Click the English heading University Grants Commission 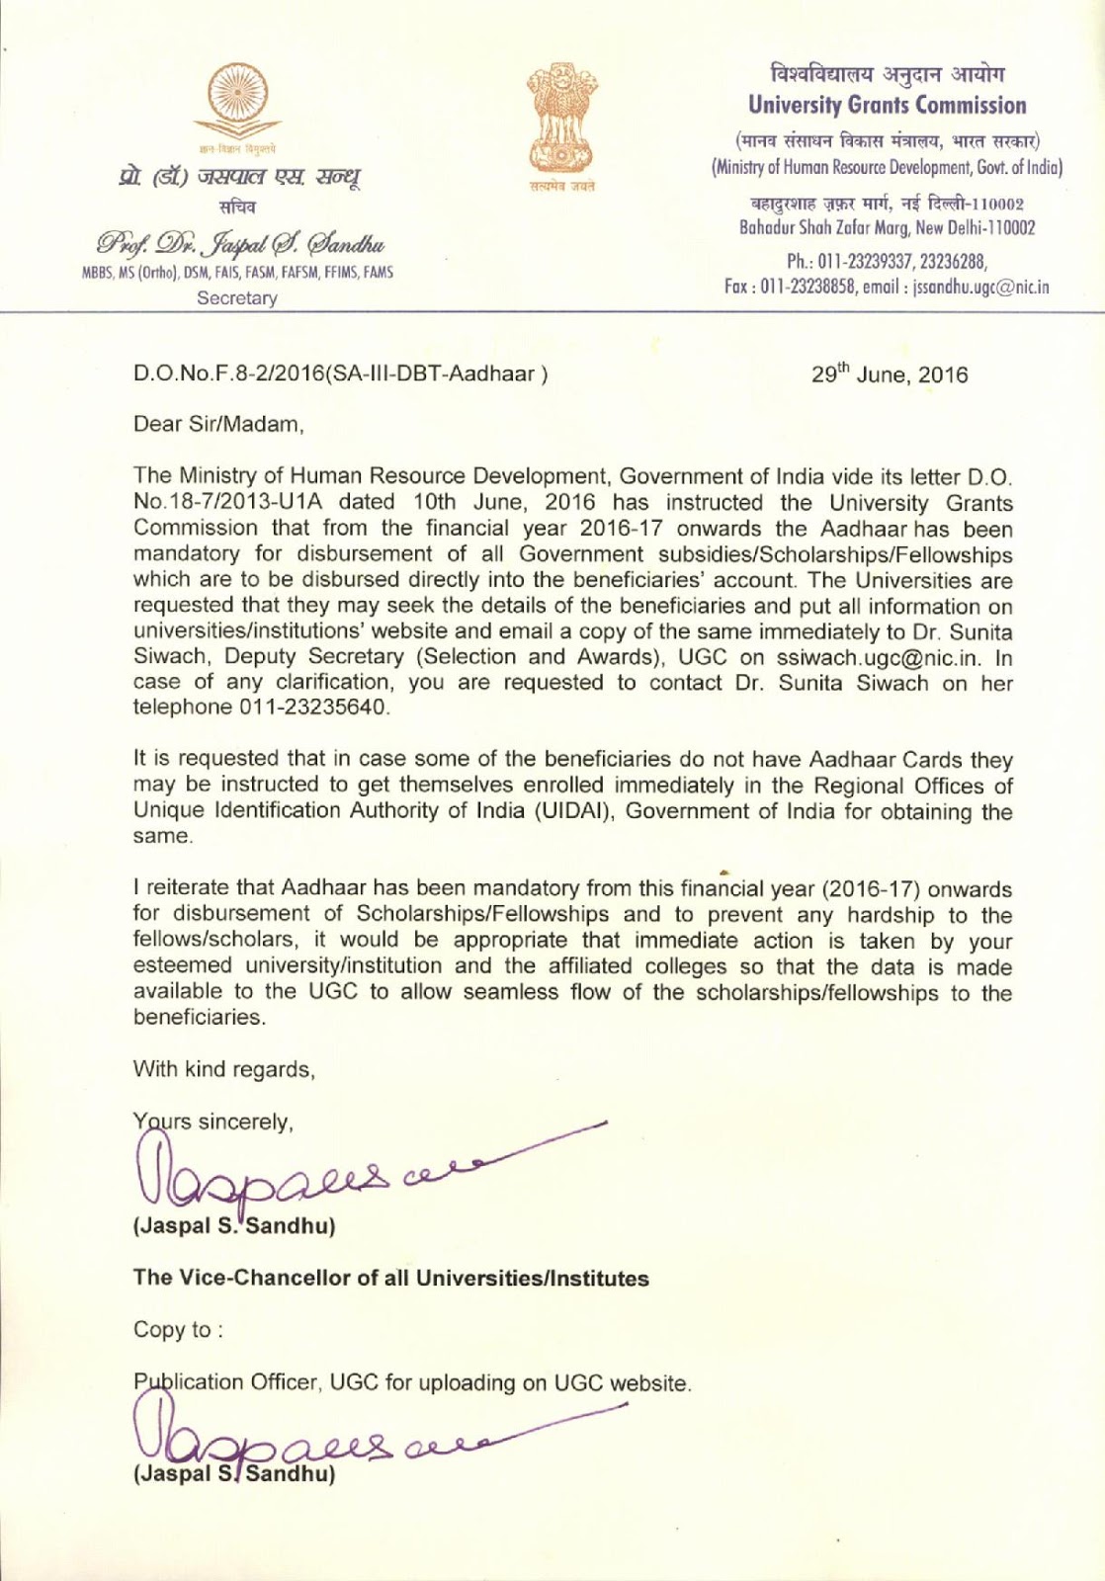pos(887,105)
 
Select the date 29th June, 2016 pos(890,374)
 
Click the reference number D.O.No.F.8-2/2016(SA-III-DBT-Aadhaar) pos(340,374)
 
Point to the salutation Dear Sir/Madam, pos(218,425)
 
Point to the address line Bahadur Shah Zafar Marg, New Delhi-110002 pos(887,228)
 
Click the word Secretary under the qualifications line pos(237,298)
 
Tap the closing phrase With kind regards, pos(224,1069)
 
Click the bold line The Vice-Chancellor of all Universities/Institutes pos(391,1279)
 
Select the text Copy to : pos(178,1330)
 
